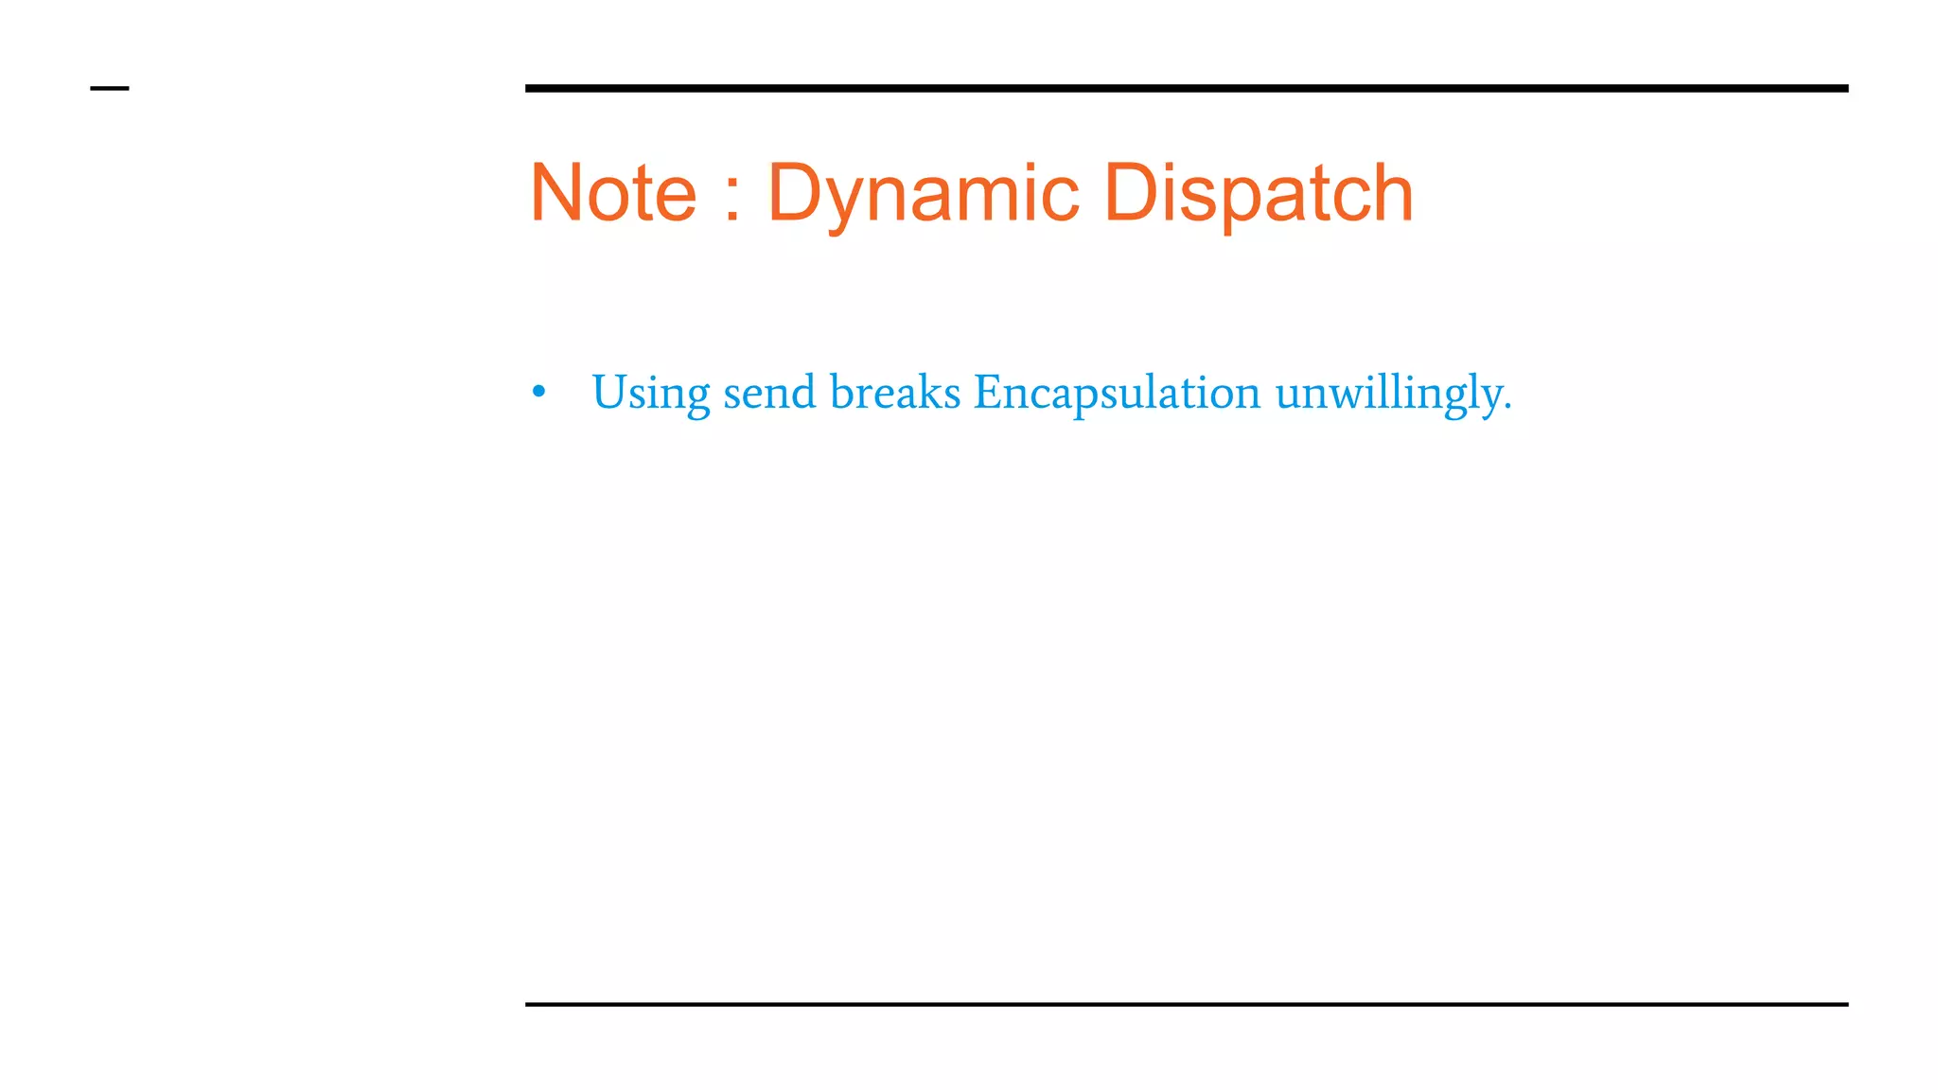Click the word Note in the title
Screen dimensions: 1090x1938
pos(613,193)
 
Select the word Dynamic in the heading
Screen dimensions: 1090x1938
pos(923,195)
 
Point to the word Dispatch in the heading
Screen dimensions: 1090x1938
pos(1259,195)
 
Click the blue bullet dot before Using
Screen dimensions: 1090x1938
pos(539,392)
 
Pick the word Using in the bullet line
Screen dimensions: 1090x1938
pos(650,393)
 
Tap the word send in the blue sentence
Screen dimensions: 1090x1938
pos(769,392)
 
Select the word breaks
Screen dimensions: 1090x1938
pos(894,392)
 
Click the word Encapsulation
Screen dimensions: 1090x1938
pos(1117,392)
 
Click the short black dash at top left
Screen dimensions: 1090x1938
pos(110,89)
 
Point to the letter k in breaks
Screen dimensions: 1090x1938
pos(928,391)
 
